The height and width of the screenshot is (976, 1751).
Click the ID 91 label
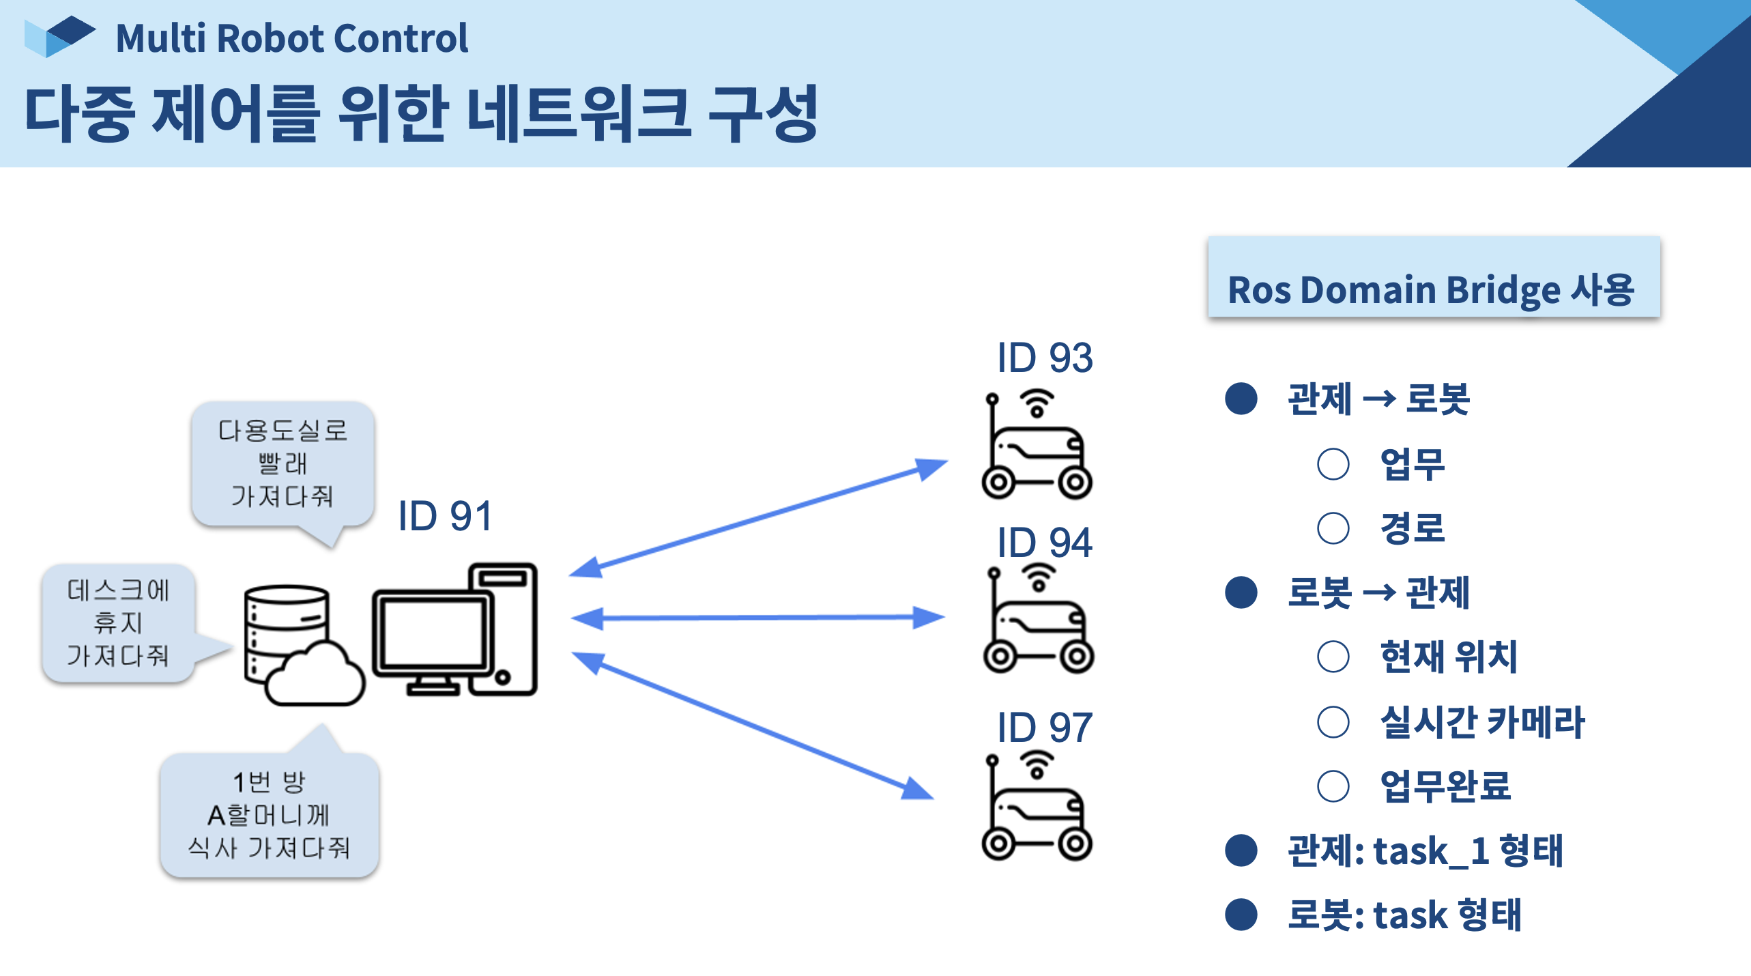click(x=445, y=516)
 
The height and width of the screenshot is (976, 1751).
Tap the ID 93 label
click(x=1044, y=358)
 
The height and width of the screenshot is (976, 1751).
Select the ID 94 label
click(x=1044, y=543)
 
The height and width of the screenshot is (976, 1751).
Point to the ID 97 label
click(x=1044, y=728)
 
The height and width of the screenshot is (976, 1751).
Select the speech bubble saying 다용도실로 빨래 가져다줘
click(x=283, y=464)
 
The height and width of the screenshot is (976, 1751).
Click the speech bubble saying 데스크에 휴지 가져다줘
click(x=118, y=622)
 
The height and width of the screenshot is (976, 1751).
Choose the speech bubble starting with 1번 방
click(x=269, y=815)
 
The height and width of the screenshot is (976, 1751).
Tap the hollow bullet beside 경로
click(x=1333, y=528)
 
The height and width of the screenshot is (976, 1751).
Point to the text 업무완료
click(x=1445, y=786)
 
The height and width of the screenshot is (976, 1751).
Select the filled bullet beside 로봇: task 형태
click(x=1241, y=915)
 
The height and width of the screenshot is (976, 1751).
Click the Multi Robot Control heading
click(x=292, y=38)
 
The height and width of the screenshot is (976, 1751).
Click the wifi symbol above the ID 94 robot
click(x=1039, y=577)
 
